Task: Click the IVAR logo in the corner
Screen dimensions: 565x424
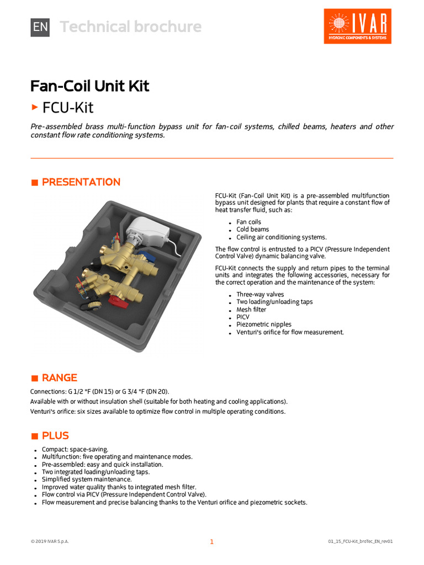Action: (x=357, y=26)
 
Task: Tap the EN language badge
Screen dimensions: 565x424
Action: (x=40, y=26)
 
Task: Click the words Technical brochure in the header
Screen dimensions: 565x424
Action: (x=131, y=26)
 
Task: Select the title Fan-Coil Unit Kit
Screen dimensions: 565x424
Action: (x=89, y=86)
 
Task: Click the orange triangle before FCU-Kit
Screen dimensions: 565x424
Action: (x=35, y=106)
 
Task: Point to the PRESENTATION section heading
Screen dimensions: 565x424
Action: (x=81, y=182)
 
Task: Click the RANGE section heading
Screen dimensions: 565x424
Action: (x=59, y=378)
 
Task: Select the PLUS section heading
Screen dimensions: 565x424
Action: (x=55, y=436)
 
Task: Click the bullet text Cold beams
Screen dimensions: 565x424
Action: (x=253, y=230)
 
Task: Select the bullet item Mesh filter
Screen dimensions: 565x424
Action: (x=251, y=310)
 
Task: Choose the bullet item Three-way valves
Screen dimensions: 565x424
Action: (x=260, y=295)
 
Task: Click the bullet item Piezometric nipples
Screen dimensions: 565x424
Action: (x=264, y=324)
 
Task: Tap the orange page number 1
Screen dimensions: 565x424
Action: (x=211, y=542)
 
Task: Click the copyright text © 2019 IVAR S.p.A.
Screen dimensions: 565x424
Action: (x=50, y=542)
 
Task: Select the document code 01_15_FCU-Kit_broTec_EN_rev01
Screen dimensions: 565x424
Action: (x=360, y=542)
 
